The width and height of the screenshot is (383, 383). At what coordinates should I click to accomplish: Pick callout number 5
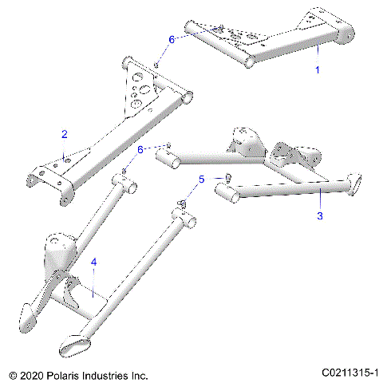coord(201,180)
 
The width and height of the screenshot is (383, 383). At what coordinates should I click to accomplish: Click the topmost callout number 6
coord(170,39)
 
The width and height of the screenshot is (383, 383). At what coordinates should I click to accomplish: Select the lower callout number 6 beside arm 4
coord(140,149)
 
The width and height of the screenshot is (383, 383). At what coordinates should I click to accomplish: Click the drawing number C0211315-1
coord(350,373)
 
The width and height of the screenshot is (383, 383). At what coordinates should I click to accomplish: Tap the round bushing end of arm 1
coord(344,34)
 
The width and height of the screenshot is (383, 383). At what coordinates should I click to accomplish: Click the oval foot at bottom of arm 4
coord(75,345)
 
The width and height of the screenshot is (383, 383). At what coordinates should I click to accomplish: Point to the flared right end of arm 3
coord(353,185)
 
